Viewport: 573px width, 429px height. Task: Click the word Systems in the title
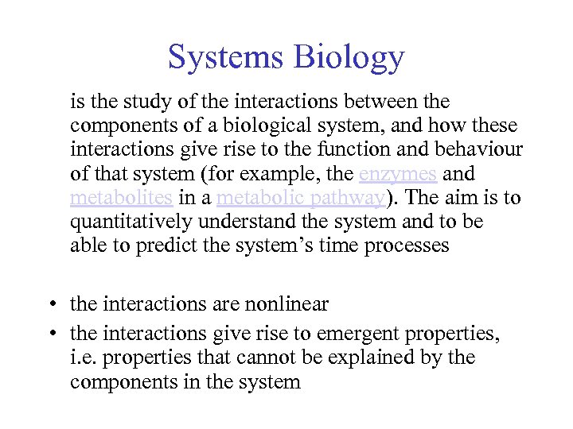click(x=226, y=58)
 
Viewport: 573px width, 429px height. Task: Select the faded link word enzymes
click(x=398, y=174)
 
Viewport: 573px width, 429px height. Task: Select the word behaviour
click(x=479, y=150)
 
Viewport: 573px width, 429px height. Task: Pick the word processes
click(x=407, y=245)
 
